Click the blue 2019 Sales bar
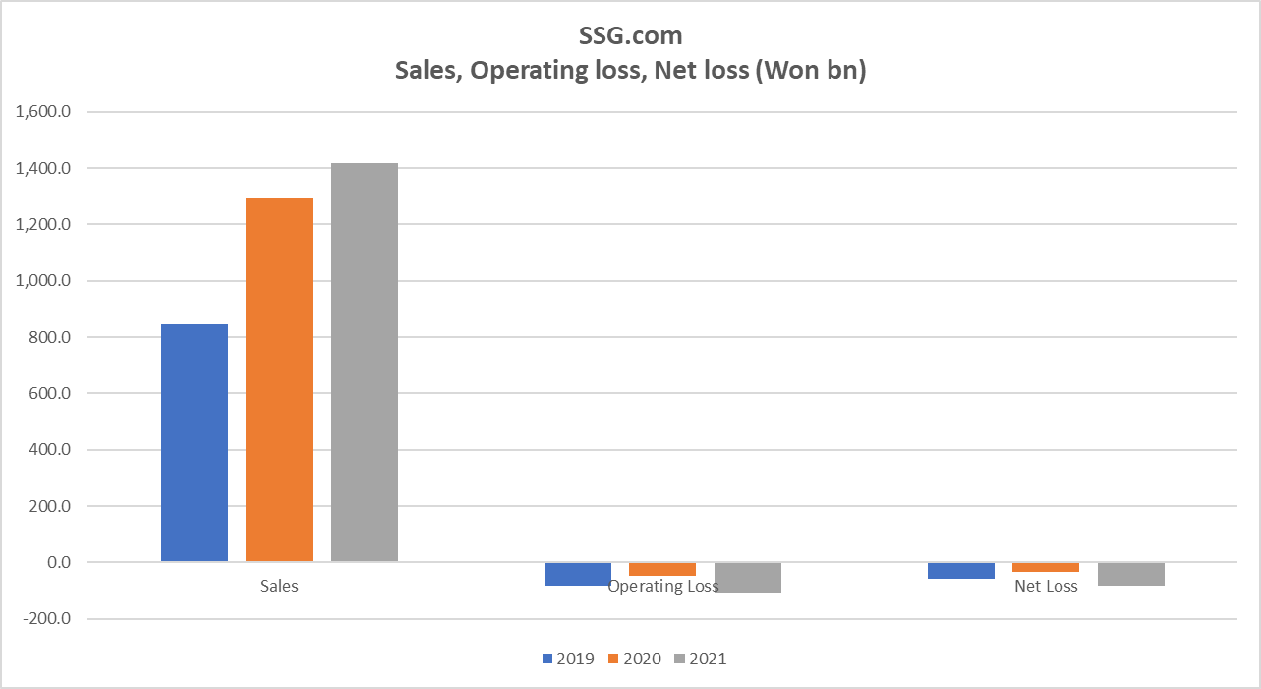pyautogui.click(x=195, y=443)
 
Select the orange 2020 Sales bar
pyautogui.click(x=279, y=379)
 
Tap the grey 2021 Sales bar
pyautogui.click(x=365, y=363)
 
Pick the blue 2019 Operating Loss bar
pyautogui.click(x=578, y=574)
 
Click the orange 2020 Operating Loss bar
pyautogui.click(x=662, y=569)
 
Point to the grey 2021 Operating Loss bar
pyautogui.click(x=748, y=578)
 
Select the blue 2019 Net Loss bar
pyautogui.click(x=961, y=571)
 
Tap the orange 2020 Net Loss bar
pyautogui.click(x=1046, y=567)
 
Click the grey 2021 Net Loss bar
pyautogui.click(x=1131, y=574)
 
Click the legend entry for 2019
pyautogui.click(x=568, y=659)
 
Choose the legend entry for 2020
pyautogui.click(x=635, y=659)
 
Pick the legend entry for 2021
pyautogui.click(x=701, y=659)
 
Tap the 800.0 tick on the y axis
pyautogui.click(x=51, y=337)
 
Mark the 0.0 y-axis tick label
pyautogui.click(x=57, y=563)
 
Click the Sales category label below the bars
pyautogui.click(x=279, y=586)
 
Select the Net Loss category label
pyautogui.click(x=1046, y=586)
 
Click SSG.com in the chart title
pyautogui.click(x=630, y=36)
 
